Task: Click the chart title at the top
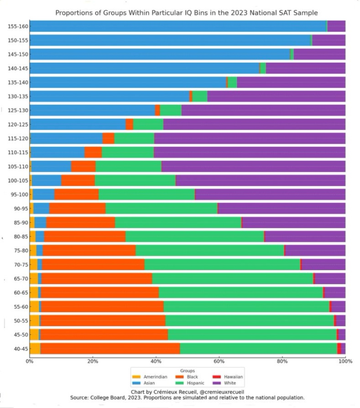coord(186,13)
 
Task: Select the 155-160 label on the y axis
coord(18,26)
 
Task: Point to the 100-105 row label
coord(18,181)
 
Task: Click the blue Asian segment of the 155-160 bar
coord(177,26)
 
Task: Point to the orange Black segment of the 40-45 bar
coord(110,348)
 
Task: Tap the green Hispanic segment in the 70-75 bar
coord(222,264)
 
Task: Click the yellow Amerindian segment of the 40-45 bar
coord(35,348)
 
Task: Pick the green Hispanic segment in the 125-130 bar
coord(171,110)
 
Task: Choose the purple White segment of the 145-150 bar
coord(319,54)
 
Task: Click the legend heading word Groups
coord(187,371)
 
